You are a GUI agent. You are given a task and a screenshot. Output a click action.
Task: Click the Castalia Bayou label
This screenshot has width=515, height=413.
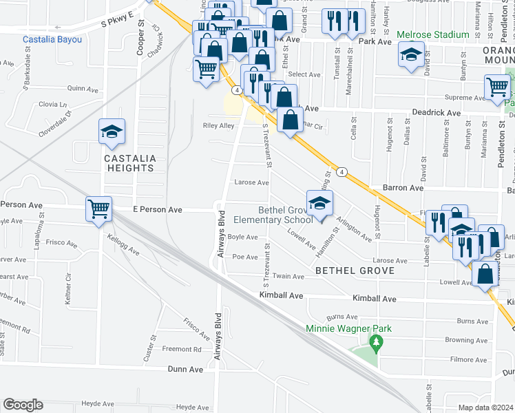coord(52,40)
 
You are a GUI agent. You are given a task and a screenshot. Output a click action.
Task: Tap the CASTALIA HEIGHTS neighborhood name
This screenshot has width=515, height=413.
coord(129,162)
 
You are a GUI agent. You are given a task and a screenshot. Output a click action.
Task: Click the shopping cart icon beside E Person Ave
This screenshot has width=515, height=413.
coord(98,208)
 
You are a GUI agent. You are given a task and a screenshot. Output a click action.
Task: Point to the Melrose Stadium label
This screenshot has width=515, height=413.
coord(433,34)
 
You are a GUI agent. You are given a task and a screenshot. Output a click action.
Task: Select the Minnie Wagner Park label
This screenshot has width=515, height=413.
coord(349,328)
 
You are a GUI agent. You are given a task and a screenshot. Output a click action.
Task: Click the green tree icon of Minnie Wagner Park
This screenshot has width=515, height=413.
coord(376,342)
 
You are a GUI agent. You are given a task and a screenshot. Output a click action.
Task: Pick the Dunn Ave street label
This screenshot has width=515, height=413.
coord(186,369)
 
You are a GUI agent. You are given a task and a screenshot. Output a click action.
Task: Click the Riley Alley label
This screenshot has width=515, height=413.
coord(218,126)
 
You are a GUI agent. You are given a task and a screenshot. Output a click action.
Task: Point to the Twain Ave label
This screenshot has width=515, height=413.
coord(288,277)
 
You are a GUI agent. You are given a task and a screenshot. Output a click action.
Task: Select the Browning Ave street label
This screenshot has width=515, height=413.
coord(466,340)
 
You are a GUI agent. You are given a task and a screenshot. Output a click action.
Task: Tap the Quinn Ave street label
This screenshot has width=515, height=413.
coord(83,89)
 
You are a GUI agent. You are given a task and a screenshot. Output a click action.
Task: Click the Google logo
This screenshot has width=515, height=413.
coord(23,405)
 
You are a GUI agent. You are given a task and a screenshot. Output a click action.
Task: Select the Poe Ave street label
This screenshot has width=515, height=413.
coord(245,257)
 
